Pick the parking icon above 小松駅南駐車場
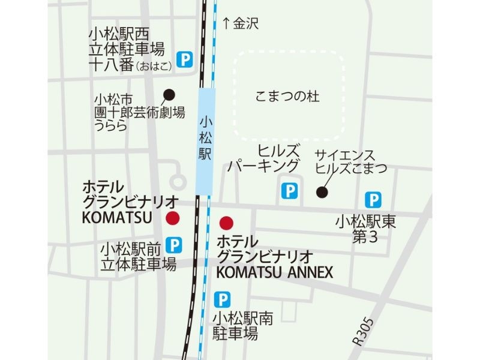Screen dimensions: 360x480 [222, 298]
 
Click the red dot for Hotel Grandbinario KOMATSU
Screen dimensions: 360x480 [173, 218]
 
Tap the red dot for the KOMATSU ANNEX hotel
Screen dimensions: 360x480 [226, 224]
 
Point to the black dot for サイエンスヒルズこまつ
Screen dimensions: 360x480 [322, 192]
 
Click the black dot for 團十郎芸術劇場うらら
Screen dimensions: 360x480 [169, 94]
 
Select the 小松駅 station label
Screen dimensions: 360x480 [206, 137]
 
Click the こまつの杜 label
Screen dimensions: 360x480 [287, 97]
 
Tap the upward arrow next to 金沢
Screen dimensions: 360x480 [226, 23]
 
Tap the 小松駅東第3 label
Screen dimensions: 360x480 [367, 229]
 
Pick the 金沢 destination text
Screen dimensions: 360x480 [246, 23]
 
